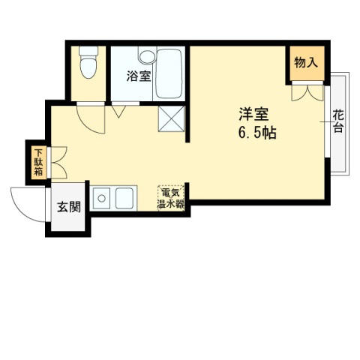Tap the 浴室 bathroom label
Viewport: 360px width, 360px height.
(x=138, y=76)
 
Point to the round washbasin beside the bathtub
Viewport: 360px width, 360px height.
(x=145, y=56)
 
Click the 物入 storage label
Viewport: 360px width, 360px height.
(x=304, y=63)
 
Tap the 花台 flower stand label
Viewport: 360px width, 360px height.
(x=338, y=121)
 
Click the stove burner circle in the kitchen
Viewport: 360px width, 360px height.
(x=100, y=199)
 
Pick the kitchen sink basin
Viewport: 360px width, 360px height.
(x=124, y=199)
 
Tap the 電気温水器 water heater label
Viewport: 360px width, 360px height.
(x=171, y=198)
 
